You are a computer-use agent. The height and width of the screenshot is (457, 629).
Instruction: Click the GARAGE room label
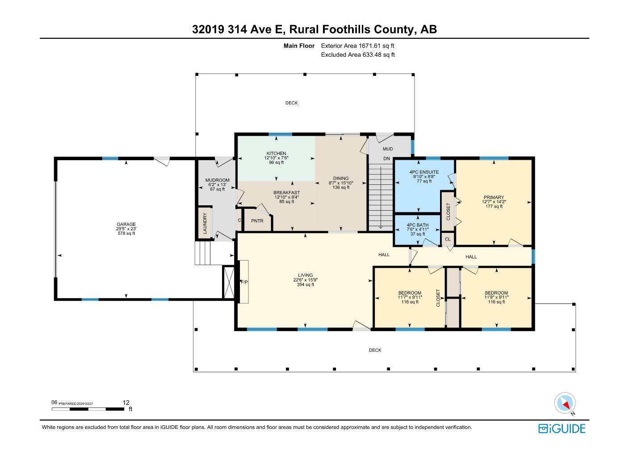[x=126, y=224]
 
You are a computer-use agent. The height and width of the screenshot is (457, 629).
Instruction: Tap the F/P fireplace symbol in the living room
[x=244, y=282]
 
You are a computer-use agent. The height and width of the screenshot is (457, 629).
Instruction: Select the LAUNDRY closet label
[x=205, y=223]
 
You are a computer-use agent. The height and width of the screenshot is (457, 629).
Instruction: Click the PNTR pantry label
[x=257, y=221]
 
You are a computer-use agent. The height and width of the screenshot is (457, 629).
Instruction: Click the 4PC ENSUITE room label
[x=424, y=172]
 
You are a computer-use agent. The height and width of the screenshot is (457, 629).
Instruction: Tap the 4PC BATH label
[x=418, y=225]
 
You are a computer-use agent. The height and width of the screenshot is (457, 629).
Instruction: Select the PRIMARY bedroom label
[x=494, y=197]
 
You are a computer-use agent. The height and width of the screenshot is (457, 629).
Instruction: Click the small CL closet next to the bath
[x=448, y=239]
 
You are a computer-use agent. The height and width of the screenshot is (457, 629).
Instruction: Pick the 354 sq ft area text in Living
[x=306, y=285]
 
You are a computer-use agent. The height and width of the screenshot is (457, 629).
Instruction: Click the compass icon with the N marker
[x=565, y=403]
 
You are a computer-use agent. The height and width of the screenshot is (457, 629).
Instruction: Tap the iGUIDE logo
[x=562, y=428]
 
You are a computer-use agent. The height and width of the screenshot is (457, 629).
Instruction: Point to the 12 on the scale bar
[x=126, y=403]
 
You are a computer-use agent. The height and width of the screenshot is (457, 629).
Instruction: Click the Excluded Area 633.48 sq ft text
[x=358, y=55]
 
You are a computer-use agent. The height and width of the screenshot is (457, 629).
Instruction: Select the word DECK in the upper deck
[x=291, y=103]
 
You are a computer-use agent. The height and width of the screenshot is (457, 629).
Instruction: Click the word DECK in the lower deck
[x=375, y=350]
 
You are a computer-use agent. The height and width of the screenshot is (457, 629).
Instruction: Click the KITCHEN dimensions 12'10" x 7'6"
[x=276, y=158]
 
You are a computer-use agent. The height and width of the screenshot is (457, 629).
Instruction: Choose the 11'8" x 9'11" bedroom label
[x=496, y=297]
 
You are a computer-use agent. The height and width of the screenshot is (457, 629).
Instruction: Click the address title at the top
[x=314, y=29]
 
